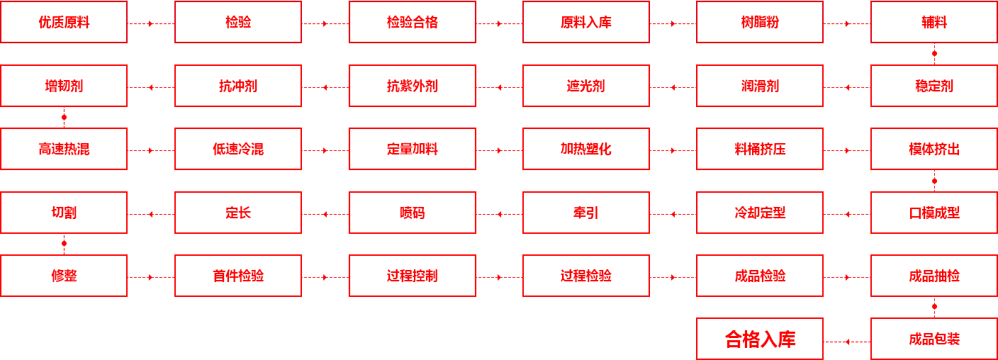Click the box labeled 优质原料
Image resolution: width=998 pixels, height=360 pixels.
pos(64,22)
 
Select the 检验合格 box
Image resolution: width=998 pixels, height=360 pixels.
pos(412,22)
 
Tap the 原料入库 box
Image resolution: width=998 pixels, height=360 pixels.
pos(585,22)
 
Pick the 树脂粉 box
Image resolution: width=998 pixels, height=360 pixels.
pos(759,22)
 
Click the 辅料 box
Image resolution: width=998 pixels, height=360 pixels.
pos(933,22)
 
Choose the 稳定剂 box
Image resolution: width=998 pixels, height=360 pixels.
pos(933,86)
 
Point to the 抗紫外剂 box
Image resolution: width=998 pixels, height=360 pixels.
pos(412,86)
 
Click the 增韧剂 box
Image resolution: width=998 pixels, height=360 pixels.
pos(64,86)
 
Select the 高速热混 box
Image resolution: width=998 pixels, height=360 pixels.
pos(64,149)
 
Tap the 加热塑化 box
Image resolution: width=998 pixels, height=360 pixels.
pos(585,149)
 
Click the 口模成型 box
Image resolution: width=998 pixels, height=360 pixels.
pos(933,213)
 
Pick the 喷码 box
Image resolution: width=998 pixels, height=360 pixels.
pos(412,213)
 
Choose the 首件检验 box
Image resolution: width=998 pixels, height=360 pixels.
pos(238,276)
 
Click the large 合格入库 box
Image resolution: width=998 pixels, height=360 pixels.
pos(759,339)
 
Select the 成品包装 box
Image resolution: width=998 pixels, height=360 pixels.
pos(933,339)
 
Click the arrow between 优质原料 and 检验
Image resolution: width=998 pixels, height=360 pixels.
pos(151,23)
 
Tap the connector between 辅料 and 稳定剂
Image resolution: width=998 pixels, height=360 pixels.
pos(935,53)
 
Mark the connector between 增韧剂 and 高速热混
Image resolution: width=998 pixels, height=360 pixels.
pos(65,117)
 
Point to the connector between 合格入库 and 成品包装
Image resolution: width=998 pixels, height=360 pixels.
pos(847,341)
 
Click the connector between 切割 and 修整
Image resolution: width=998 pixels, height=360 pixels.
pos(65,244)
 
